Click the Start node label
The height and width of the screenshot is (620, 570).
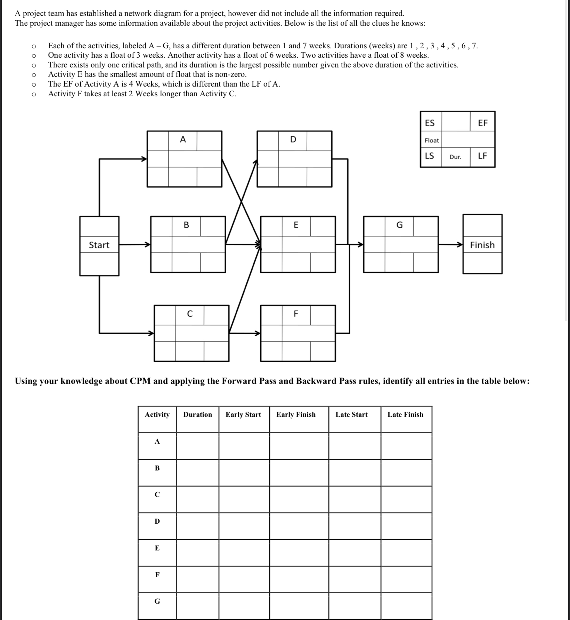(99, 245)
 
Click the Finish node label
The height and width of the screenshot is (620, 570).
(482, 245)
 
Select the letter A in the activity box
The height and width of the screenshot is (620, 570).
(183, 140)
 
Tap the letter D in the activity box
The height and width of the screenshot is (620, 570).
(293, 140)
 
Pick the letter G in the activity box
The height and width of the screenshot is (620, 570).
(400, 225)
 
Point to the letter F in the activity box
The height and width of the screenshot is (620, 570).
(296, 314)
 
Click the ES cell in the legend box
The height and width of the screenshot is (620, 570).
(430, 123)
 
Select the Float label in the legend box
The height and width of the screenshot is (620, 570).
(432, 140)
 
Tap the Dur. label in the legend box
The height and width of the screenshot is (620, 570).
(455, 157)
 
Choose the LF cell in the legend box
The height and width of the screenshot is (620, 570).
(482, 156)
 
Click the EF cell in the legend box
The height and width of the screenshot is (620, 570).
(483, 123)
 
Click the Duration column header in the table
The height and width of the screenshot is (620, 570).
(197, 414)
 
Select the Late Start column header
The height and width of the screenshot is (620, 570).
(351, 414)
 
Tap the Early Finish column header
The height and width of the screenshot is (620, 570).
(296, 414)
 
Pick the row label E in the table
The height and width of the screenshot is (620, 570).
(157, 548)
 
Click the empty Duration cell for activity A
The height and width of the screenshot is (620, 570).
(197, 446)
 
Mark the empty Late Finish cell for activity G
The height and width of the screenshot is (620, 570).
(406, 606)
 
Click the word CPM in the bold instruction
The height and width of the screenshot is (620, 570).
(140, 381)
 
